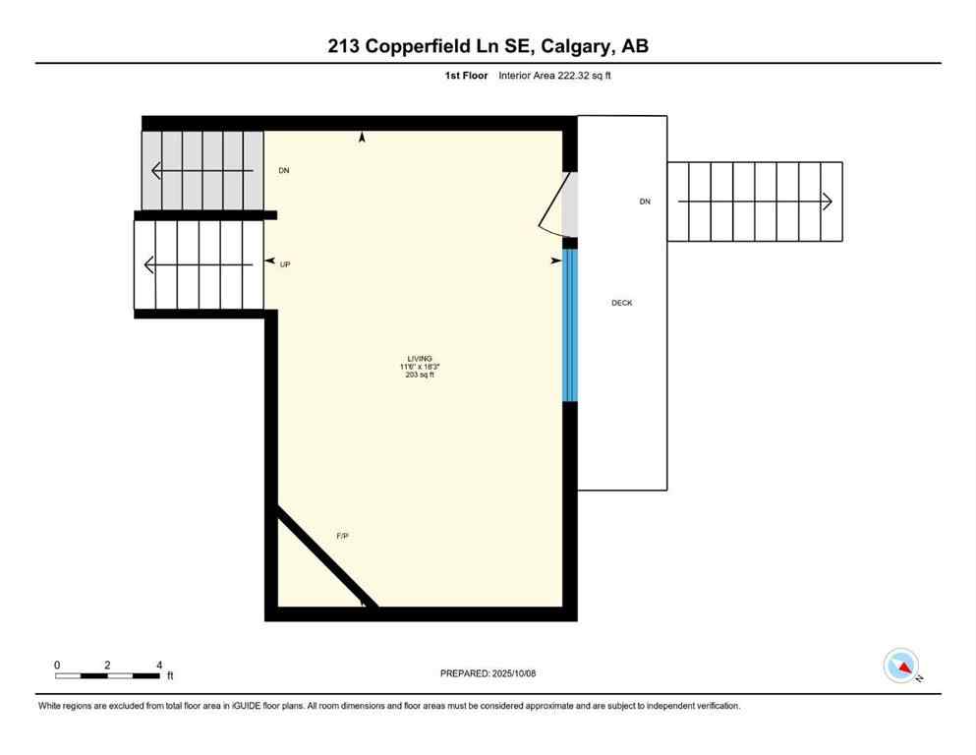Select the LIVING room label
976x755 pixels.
click(x=421, y=358)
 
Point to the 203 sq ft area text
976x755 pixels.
click(x=421, y=375)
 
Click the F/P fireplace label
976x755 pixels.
click(x=343, y=536)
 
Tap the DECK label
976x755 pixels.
click(x=621, y=303)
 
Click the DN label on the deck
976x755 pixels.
click(x=645, y=202)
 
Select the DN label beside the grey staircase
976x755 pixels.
click(x=284, y=171)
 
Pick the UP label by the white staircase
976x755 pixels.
click(x=285, y=264)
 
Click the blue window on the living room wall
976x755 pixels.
click(x=568, y=326)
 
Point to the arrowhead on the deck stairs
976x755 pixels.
click(x=828, y=202)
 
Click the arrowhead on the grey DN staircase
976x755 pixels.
click(x=156, y=171)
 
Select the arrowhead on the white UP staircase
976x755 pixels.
click(x=148, y=264)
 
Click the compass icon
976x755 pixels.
click(x=901, y=666)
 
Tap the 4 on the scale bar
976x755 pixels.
click(x=159, y=665)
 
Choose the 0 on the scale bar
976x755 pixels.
click(x=57, y=665)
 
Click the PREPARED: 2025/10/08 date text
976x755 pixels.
click(x=488, y=673)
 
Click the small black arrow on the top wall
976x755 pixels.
click(x=362, y=139)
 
